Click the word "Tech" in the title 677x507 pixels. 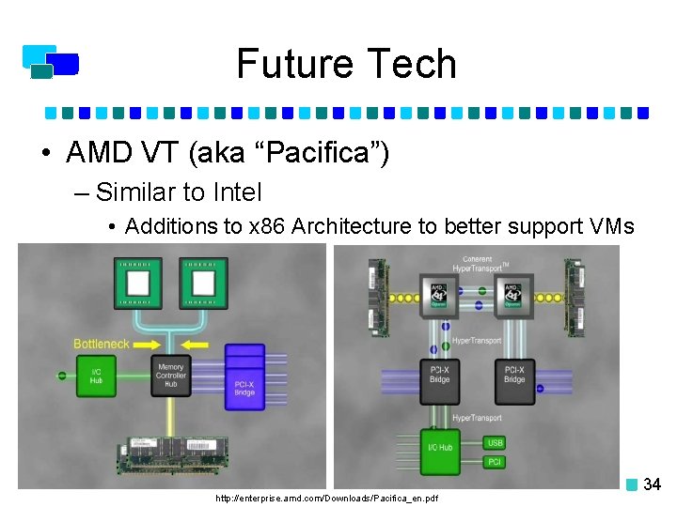pos(410,64)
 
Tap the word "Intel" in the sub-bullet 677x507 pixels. pos(237,192)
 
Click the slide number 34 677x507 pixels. pos(652,484)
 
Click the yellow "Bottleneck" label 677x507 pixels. pos(101,344)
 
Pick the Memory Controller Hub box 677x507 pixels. pos(171,376)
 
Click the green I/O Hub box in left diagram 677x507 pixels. pos(96,376)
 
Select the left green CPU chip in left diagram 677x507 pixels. pos(138,283)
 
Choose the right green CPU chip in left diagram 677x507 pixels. pos(199,283)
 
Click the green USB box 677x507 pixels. pos(496,443)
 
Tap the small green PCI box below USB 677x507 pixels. pos(496,462)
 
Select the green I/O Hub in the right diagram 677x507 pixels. pos(440,447)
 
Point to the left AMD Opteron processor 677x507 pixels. pos(438,293)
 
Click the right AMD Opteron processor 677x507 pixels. pos(512,293)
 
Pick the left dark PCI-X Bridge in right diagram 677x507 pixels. pos(440,375)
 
